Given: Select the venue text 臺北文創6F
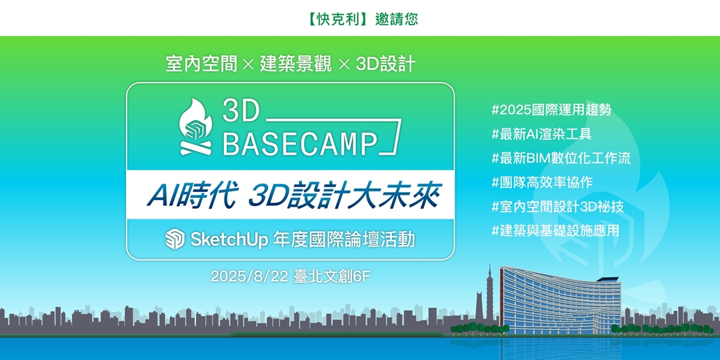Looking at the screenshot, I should [331, 276].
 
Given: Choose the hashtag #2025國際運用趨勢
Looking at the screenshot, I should [551, 109].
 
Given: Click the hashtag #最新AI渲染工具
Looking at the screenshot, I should [541, 133].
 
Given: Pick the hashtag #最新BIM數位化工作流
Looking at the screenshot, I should [561, 157].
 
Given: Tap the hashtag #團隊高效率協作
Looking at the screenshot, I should [541, 181].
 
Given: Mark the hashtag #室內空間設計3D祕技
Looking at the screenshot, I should [557, 206].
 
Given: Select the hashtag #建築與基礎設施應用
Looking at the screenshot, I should [555, 230].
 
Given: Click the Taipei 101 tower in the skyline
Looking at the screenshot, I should [489, 293].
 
